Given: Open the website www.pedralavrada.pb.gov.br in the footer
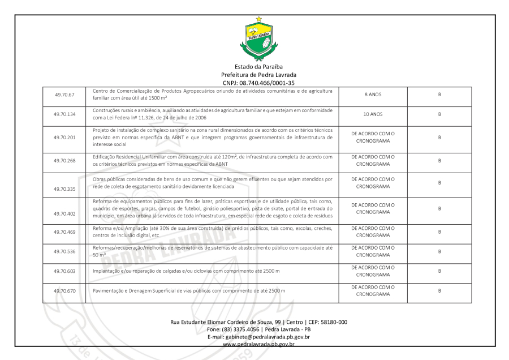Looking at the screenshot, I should [258, 344].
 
